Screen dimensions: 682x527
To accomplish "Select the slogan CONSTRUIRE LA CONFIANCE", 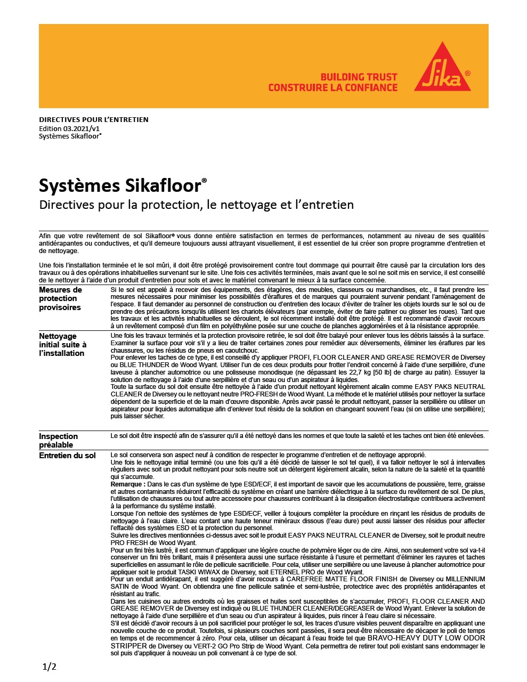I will coord(333,88).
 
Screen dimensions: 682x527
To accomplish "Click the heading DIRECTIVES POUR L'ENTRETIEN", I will coord(94,119).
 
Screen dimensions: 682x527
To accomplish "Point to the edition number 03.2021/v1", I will coord(82,128).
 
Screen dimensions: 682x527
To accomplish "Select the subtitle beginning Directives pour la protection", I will coord(196,205).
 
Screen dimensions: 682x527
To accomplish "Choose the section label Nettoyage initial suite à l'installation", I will coord(62,345).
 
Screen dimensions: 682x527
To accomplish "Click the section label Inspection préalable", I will coord(58,440).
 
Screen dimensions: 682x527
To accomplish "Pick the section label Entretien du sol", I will coord(67,456).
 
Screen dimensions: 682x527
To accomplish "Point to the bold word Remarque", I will coord(127,484).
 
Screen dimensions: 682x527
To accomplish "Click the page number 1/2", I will coord(49,667).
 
